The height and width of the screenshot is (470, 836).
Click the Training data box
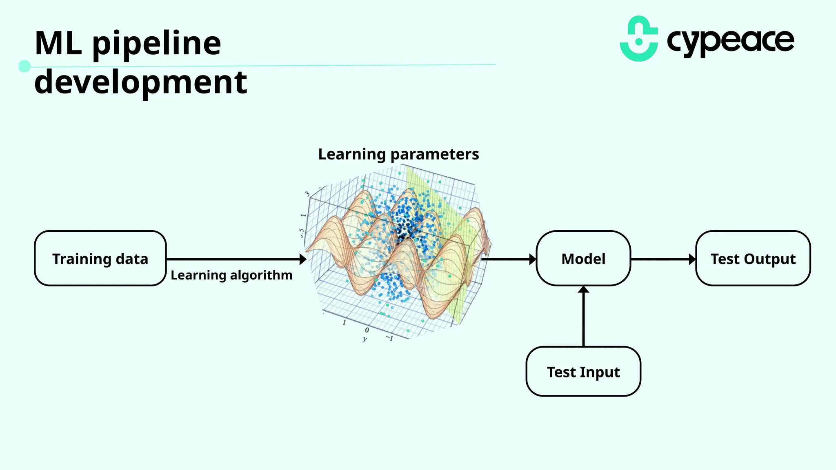coord(100,258)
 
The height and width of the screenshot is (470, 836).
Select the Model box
coord(583,258)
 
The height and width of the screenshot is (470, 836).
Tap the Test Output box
coord(753,258)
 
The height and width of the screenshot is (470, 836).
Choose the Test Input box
coord(583,371)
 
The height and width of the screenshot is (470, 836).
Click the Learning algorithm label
coord(231,275)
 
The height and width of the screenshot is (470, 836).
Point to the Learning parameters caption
coord(398,154)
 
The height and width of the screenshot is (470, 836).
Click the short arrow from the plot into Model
coord(508,259)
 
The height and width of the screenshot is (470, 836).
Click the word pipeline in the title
coord(157,44)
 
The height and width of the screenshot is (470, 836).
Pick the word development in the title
coord(141,83)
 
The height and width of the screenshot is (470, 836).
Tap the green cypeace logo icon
coord(639,39)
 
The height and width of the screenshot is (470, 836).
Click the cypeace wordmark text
coord(730,41)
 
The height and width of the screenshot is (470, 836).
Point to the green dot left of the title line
coord(24,66)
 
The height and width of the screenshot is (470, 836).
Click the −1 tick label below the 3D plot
coord(389,338)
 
